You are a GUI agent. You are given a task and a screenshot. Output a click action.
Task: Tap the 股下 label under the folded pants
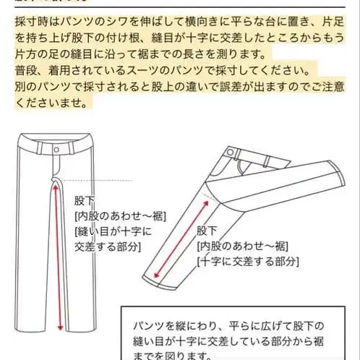[x=207, y=231]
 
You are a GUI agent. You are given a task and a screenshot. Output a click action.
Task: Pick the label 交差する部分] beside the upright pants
[x=106, y=245]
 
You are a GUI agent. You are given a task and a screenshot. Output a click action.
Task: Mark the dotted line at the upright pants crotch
[x=94, y=179]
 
